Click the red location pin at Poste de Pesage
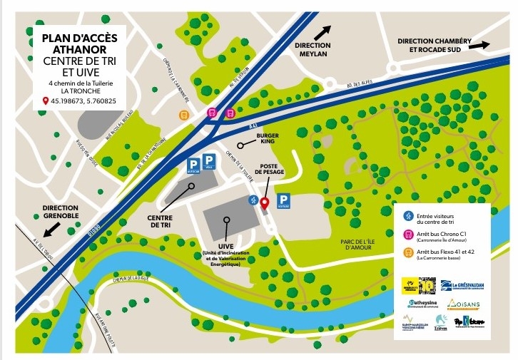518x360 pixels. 264,203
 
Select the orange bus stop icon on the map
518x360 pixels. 183,113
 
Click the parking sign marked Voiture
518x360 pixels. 283,201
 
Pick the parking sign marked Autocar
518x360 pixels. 193,168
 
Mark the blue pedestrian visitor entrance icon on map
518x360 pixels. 252,200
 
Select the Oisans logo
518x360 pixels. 463,304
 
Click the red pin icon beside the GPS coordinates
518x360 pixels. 46,101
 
